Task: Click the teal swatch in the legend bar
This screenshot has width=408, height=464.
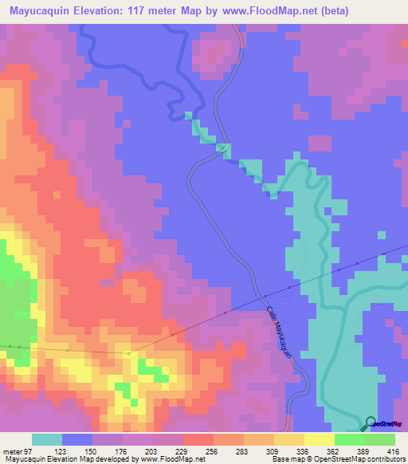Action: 47,439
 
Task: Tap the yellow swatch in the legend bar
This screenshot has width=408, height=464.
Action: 319,439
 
